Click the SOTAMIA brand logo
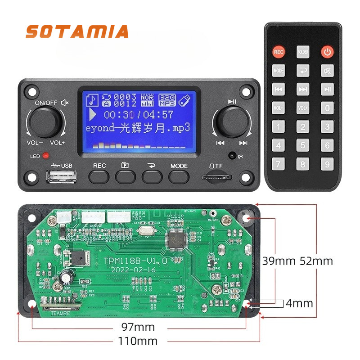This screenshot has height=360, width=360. (77, 32)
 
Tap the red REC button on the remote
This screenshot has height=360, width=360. (279, 52)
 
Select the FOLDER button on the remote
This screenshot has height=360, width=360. (303, 52)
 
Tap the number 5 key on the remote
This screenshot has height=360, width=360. (303, 145)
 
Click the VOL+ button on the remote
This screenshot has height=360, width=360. (303, 108)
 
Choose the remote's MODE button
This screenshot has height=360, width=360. (279, 71)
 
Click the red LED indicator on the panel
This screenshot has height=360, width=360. (45, 156)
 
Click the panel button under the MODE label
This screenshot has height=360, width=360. (179, 176)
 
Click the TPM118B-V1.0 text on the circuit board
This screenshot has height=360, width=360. (135, 261)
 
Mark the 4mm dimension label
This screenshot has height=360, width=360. (299, 303)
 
